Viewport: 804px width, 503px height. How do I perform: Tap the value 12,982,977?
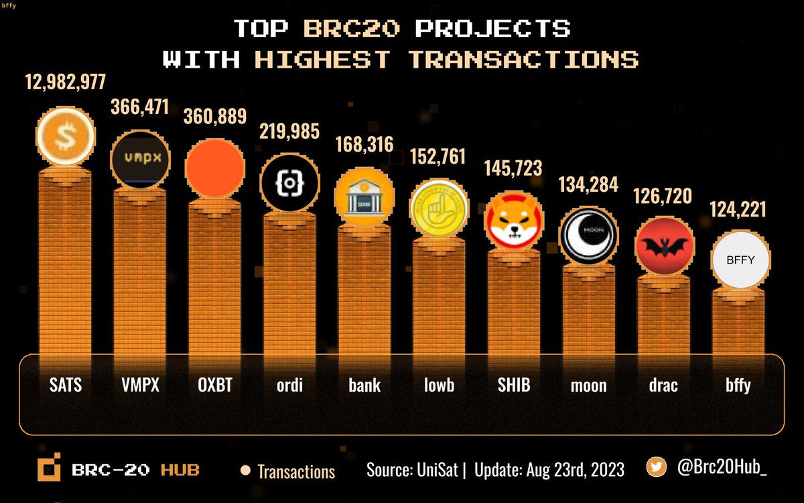point(66,82)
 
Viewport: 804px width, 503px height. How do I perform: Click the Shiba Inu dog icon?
point(513,220)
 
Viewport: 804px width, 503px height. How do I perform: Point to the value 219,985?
point(289,130)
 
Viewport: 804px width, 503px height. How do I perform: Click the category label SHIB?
point(514,385)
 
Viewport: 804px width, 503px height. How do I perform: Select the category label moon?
point(588,385)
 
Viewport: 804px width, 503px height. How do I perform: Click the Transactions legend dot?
point(245,470)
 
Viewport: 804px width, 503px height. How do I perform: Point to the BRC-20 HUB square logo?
point(50,469)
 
